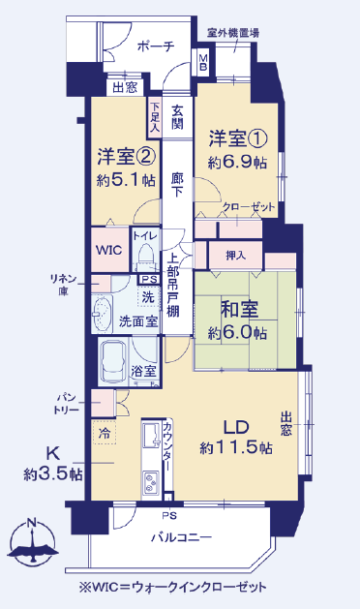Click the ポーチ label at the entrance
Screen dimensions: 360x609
coord(156,46)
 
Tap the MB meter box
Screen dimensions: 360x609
coord(203,62)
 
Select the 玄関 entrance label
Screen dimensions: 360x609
coord(177,118)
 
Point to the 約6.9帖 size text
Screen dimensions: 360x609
coord(237,163)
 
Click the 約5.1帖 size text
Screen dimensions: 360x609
coord(126,180)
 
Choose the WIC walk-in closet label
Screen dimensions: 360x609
coord(109,250)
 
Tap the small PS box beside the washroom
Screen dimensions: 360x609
coord(149,280)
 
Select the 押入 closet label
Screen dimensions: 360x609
coord(236,256)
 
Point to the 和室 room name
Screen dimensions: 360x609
coord(239,309)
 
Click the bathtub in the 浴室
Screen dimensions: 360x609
coord(113,362)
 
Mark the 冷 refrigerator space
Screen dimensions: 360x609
coord(105,432)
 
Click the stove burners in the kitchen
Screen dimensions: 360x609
coord(150,483)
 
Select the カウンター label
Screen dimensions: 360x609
coord(167,447)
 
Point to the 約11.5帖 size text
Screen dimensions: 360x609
coord(236,448)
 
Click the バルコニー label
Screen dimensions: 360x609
coord(181,537)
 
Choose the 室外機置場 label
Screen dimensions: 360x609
coord(233,33)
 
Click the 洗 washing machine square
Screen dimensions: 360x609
coord(148,297)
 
